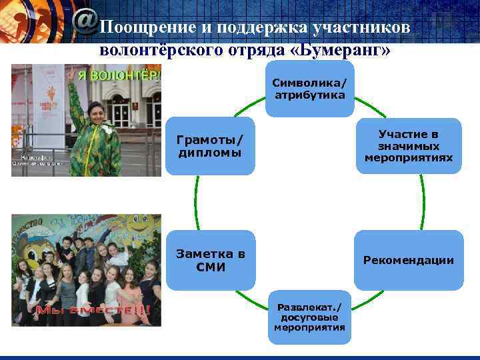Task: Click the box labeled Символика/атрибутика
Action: [x=310, y=89]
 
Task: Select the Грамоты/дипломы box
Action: [x=211, y=147]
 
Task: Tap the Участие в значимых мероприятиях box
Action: [x=408, y=147]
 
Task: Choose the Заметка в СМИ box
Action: [x=211, y=260]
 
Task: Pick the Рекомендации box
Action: [x=408, y=260]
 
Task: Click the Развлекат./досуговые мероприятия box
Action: [x=310, y=317]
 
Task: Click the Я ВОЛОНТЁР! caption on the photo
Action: [x=119, y=75]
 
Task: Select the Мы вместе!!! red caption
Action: [x=93, y=310]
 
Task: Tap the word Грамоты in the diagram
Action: [x=209, y=140]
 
